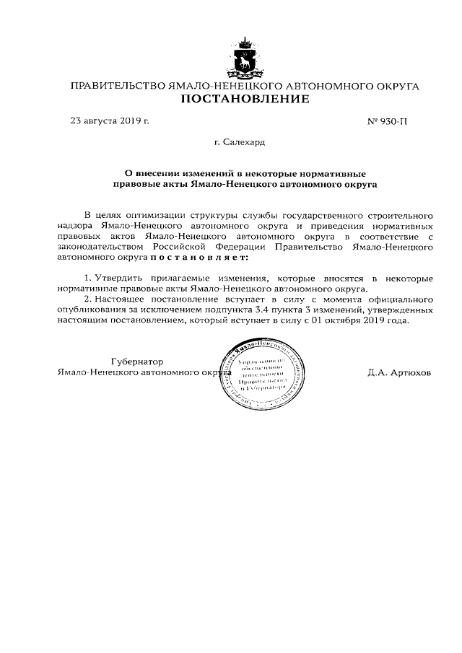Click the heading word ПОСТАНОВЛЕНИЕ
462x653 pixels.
click(244, 99)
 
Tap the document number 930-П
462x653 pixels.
click(388, 121)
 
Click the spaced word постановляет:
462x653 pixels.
click(199, 256)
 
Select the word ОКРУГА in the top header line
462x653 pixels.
click(397, 86)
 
